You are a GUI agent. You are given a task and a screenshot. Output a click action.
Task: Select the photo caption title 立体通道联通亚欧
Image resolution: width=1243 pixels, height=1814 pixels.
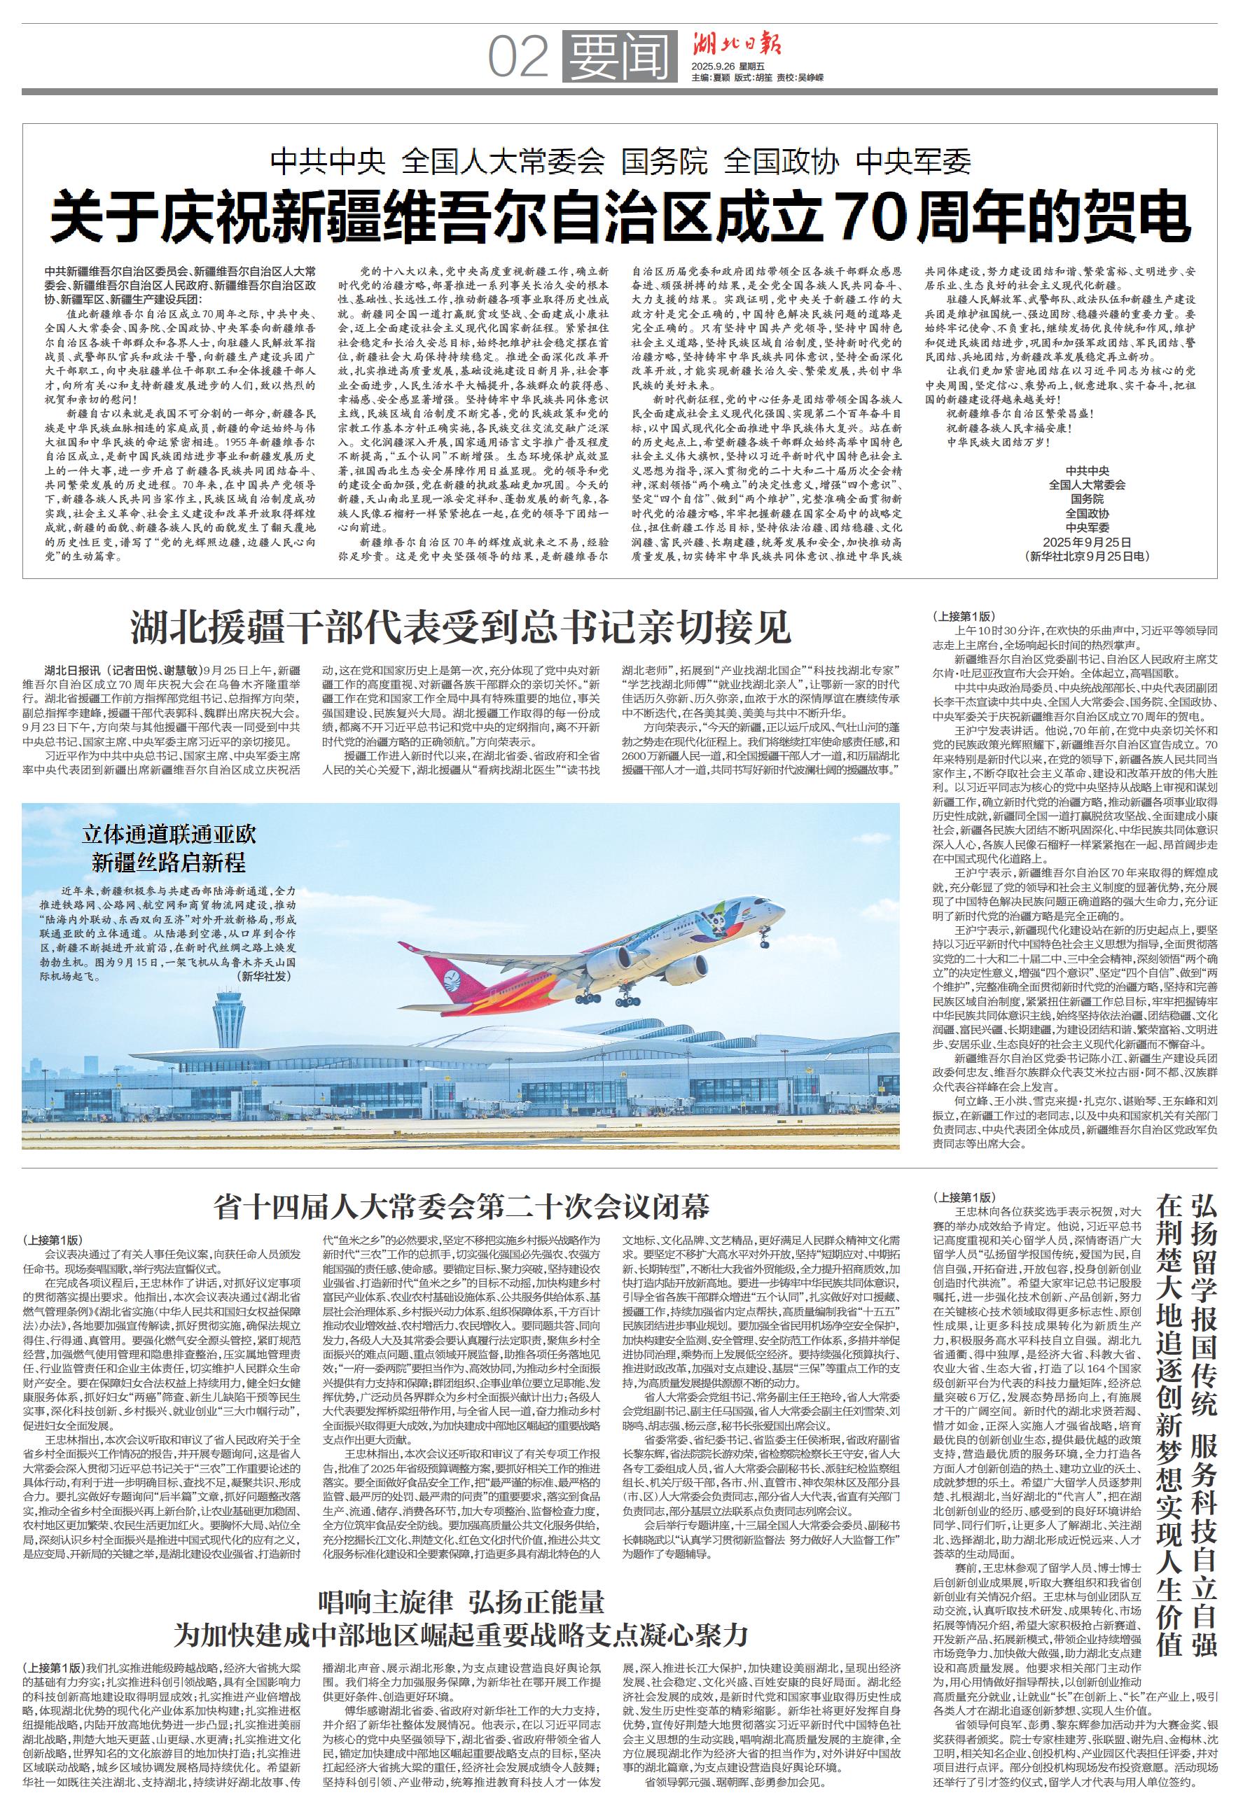[x=169, y=835]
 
